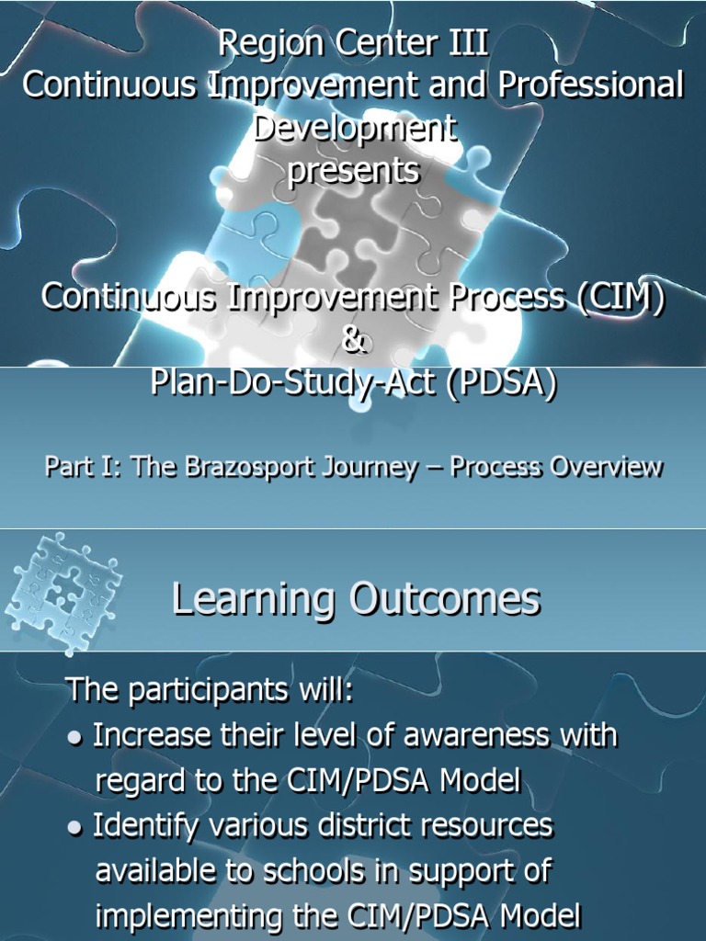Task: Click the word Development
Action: [353, 129]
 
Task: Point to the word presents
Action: [353, 171]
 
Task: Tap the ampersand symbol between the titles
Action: [353, 341]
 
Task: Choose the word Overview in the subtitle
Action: [606, 467]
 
